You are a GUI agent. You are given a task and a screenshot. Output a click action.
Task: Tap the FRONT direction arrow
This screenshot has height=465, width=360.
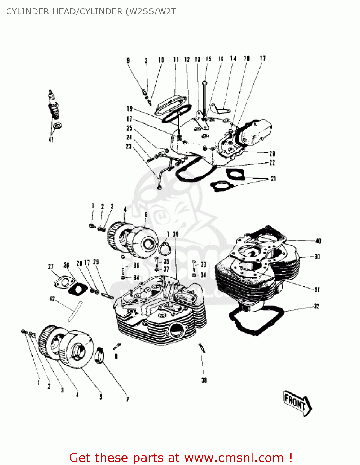297,403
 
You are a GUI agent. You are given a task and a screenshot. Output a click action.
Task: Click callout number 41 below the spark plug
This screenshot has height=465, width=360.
51,139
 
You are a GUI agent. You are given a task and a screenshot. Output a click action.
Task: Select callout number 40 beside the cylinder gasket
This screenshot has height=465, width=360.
318,241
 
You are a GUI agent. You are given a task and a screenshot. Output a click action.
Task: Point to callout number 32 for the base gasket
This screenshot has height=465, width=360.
316,306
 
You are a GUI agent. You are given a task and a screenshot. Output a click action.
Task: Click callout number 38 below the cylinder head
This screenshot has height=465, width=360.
204,380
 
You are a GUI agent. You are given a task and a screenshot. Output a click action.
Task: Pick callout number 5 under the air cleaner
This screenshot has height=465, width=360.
101,397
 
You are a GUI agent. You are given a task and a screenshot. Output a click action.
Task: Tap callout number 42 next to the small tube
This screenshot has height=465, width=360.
52,299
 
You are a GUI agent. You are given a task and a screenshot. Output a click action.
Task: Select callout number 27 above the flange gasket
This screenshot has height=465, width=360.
51,267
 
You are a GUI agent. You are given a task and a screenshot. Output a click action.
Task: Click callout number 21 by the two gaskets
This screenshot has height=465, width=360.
273,179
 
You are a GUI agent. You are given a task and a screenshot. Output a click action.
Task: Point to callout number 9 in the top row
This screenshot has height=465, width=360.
128,60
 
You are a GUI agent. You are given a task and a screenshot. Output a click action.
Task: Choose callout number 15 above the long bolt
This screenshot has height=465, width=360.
209,59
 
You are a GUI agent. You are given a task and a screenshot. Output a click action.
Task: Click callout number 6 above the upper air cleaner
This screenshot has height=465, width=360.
146,215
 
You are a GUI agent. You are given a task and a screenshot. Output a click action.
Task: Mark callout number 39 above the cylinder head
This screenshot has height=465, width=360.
176,234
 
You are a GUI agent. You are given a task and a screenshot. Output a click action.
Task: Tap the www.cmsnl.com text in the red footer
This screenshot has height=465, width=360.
234,458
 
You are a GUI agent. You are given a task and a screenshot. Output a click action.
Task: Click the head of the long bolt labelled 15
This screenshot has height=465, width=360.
204,83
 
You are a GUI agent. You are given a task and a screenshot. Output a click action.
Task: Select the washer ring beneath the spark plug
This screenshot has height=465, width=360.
57,126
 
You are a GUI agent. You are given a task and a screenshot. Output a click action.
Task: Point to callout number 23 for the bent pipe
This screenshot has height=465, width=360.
129,146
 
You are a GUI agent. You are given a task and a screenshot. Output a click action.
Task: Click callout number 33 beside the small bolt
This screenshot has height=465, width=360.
203,264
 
